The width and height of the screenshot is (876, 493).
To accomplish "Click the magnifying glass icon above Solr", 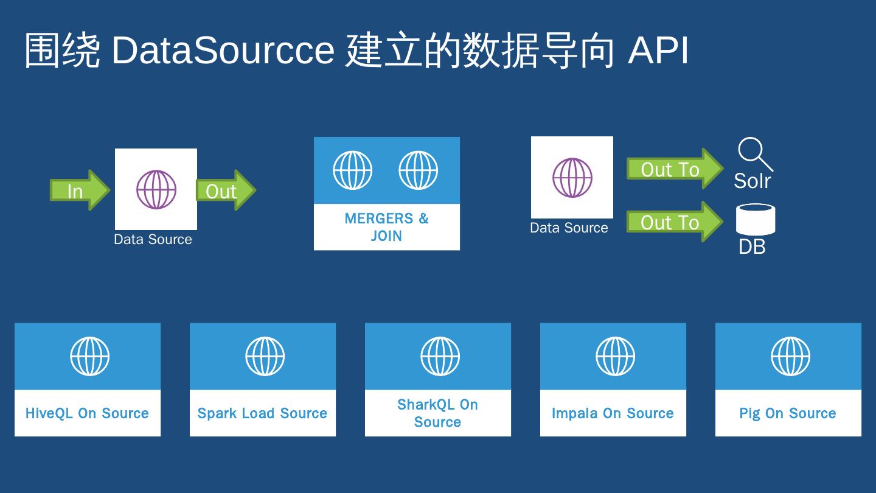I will tap(754, 153).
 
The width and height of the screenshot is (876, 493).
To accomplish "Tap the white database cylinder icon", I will tap(756, 220).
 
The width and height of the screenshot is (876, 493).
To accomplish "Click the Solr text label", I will tap(753, 181).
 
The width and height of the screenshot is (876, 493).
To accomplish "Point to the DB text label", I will tap(752, 246).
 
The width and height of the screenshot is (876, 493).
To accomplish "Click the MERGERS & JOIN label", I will tap(387, 227).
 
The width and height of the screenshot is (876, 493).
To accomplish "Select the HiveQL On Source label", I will tap(87, 413).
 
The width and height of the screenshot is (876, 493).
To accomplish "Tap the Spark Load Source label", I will tap(262, 413).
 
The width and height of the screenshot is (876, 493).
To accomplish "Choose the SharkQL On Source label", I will tap(437, 413).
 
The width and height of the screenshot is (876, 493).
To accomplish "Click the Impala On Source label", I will tap(613, 413).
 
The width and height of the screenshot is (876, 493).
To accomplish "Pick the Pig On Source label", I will tap(788, 413).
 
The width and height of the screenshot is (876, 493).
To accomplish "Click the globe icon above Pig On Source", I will tap(790, 356).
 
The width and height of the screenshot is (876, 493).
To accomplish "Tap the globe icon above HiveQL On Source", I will tap(89, 356).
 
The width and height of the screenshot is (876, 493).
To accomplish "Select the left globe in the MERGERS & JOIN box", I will tap(353, 170).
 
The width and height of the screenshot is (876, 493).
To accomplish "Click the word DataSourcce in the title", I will tap(223, 50).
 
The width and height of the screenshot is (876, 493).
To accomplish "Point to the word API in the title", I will tap(658, 50).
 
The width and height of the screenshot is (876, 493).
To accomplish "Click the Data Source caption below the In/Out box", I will tap(153, 239).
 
